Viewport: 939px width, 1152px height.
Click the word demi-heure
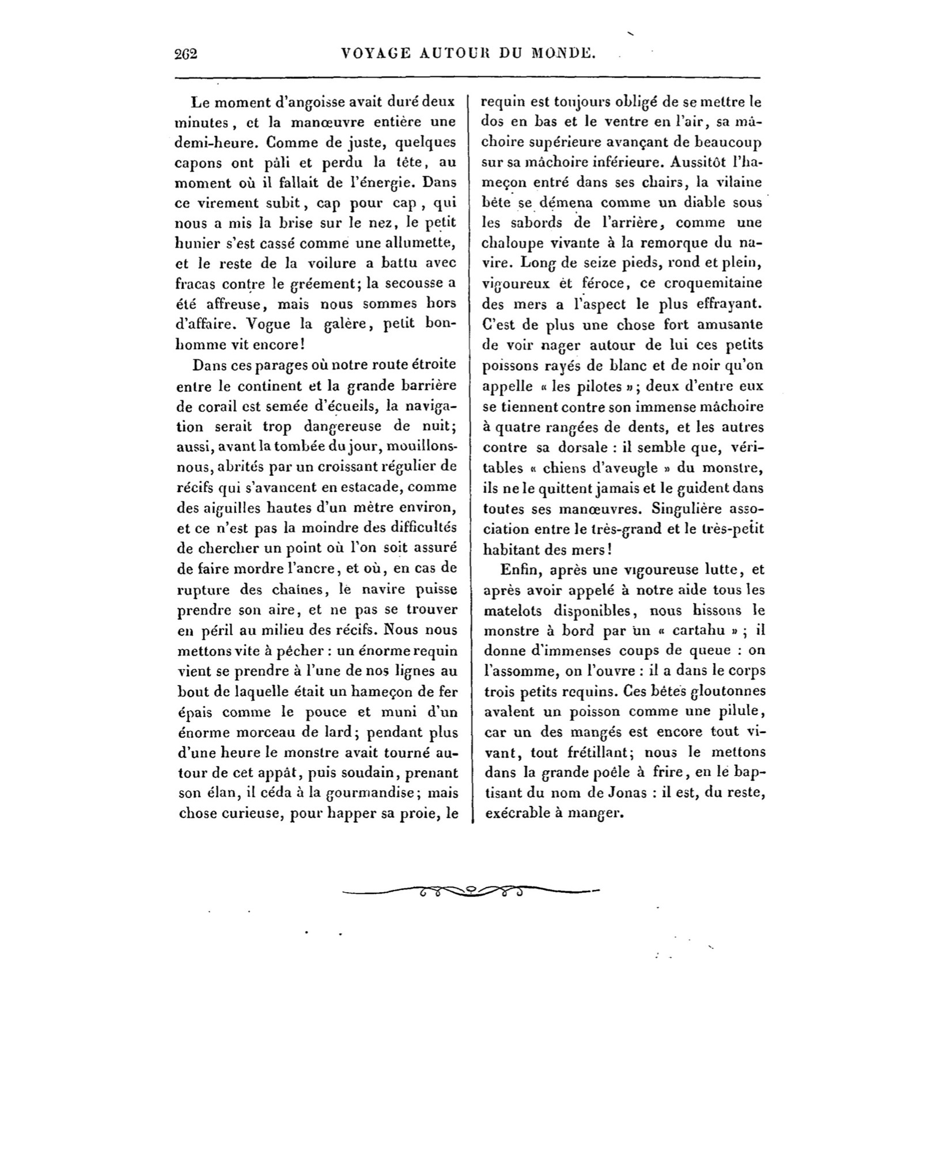(x=217, y=142)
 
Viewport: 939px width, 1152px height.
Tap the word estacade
(x=369, y=487)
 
